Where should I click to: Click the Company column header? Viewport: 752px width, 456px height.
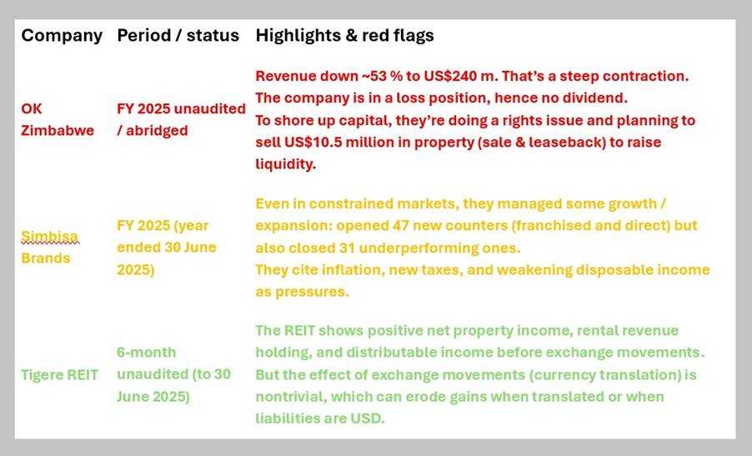click(x=62, y=36)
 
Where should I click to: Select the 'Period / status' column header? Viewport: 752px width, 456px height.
click(x=178, y=35)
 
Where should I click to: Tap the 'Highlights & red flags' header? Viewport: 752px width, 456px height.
click(x=344, y=36)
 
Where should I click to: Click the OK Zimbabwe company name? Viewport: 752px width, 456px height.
click(x=58, y=119)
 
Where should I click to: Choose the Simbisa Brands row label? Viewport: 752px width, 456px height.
click(x=49, y=247)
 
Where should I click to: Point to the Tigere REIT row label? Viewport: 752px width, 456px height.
click(x=59, y=374)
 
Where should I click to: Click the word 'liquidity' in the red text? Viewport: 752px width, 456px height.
click(x=285, y=164)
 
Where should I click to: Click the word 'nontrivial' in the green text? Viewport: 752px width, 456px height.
click(x=289, y=397)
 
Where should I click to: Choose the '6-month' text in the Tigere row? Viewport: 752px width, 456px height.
click(x=146, y=353)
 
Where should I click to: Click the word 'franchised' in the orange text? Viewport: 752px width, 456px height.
click(x=549, y=225)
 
